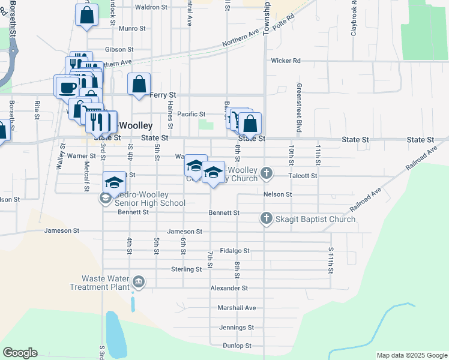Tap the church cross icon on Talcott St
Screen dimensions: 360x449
point(267,175)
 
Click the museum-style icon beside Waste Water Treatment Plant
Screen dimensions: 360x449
point(139,282)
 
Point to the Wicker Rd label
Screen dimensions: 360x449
point(285,61)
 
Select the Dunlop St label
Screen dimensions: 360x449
point(237,346)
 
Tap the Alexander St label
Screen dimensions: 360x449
point(229,288)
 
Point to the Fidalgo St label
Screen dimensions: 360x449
point(234,251)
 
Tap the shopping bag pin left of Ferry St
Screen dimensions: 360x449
point(139,85)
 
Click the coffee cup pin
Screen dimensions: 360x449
point(66,88)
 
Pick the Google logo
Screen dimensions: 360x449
point(20,353)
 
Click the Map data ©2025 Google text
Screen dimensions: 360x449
point(411,355)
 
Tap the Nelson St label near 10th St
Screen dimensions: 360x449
point(277,194)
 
